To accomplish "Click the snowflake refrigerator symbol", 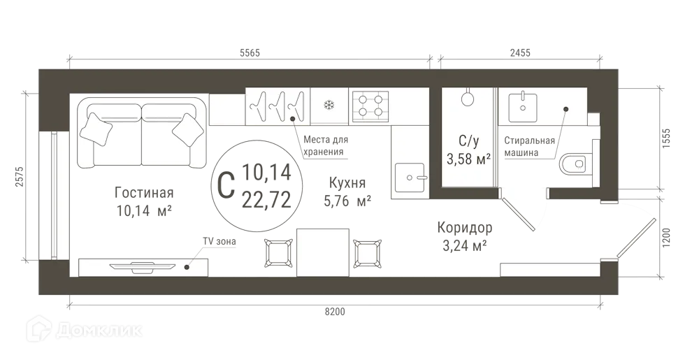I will pyautogui.click(x=327, y=106).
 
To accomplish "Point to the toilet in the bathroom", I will pyautogui.click(x=576, y=164).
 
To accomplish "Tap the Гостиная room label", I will pyautogui.click(x=143, y=193).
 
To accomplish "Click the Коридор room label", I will pyautogui.click(x=464, y=228).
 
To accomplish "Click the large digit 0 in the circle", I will pyautogui.click(x=225, y=185).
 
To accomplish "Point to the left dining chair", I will pyautogui.click(x=278, y=252).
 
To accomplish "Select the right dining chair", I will pyautogui.click(x=368, y=252).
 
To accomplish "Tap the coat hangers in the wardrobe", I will pyautogui.click(x=278, y=106).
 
